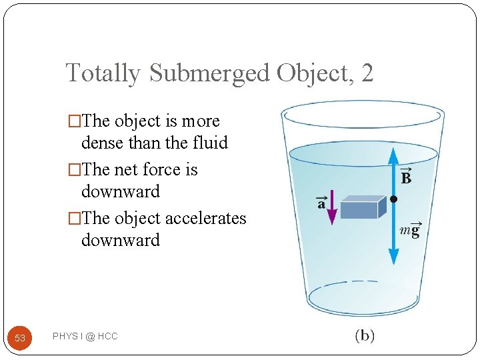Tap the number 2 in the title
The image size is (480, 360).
[367, 72]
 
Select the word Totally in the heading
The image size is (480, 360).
[104, 72]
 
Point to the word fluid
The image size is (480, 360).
[209, 143]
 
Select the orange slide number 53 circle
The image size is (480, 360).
[20, 338]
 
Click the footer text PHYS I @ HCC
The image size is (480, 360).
[85, 337]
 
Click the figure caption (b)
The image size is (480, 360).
[364, 335]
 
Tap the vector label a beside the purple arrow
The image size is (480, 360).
[321, 203]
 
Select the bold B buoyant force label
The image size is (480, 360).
[405, 177]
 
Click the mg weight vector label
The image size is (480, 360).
[409, 229]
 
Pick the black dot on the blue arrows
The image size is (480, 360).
[393, 199]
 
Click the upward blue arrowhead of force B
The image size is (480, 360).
[393, 155]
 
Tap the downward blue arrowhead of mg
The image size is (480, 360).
[393, 257]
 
